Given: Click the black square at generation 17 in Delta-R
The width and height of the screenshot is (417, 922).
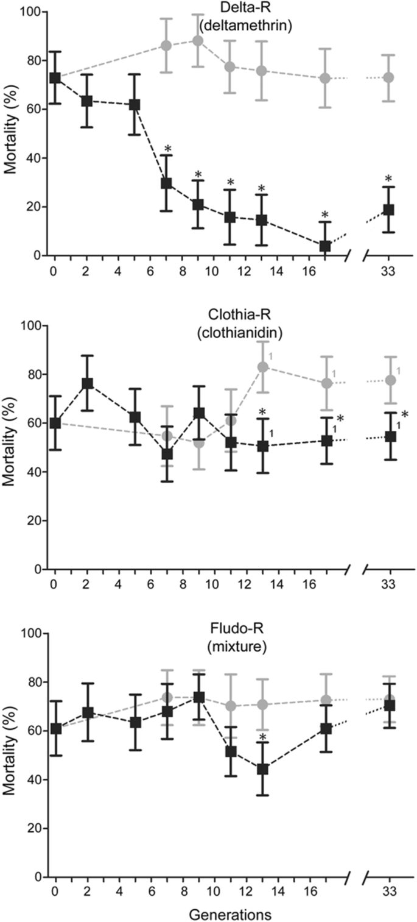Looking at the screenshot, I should pyautogui.click(x=325, y=246).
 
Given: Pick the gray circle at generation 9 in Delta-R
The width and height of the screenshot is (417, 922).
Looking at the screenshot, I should pyautogui.click(x=198, y=41).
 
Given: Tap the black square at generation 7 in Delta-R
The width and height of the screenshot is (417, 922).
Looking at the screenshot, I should pyautogui.click(x=166, y=183).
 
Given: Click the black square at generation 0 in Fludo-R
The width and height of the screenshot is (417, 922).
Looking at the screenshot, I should pyautogui.click(x=55, y=728).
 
